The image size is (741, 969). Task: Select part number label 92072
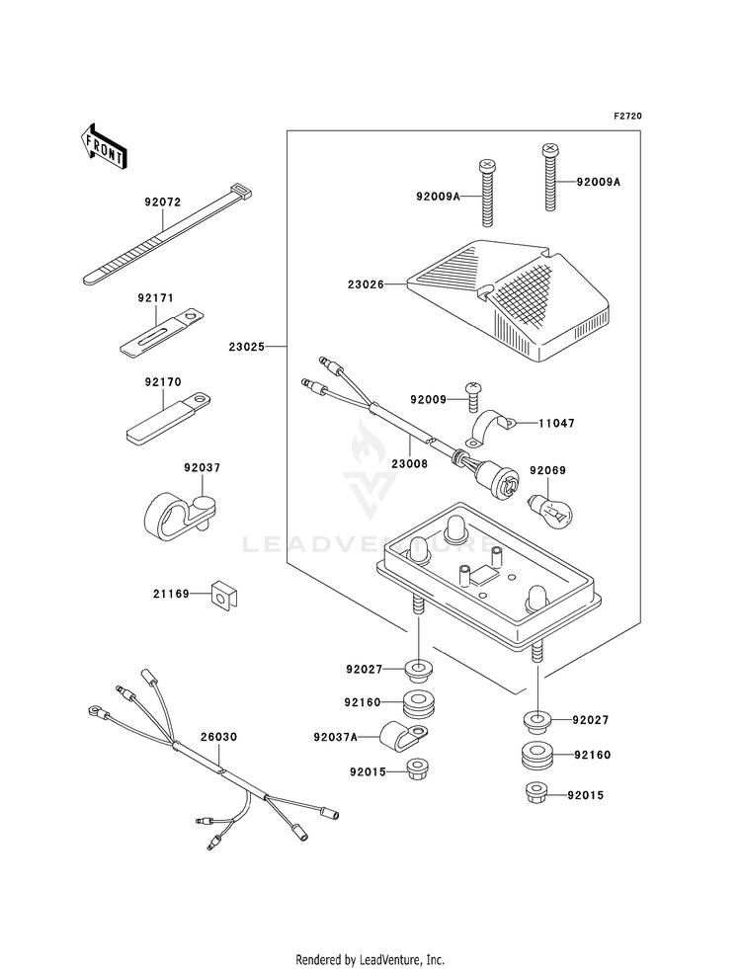(162, 202)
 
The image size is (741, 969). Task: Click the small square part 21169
(224, 596)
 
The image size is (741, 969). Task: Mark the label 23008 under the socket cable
(409, 461)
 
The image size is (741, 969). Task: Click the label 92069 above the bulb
(547, 470)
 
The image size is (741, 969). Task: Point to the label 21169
(170, 595)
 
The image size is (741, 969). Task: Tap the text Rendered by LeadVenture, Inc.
(370, 959)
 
